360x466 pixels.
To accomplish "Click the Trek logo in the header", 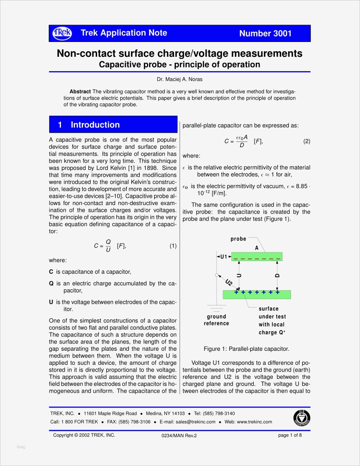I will (x=62, y=33).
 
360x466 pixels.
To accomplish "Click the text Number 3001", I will (x=265, y=33).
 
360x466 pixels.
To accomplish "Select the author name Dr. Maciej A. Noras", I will (x=180, y=79).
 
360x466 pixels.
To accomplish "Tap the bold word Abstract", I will (x=80, y=92).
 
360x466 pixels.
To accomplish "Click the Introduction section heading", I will (x=95, y=125).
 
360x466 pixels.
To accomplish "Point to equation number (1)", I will (x=173, y=246).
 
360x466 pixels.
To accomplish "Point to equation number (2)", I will (x=307, y=141).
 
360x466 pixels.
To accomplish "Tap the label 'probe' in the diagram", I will (x=238, y=239).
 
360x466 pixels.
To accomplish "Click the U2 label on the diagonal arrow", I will (x=229, y=283).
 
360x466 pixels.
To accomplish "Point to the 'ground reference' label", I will (x=216, y=320).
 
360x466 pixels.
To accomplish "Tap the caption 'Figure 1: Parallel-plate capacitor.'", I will (x=246, y=349).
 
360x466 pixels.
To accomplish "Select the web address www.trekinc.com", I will (x=248, y=422).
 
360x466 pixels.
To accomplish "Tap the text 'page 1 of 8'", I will (x=290, y=435).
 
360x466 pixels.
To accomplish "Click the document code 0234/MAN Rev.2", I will (x=179, y=435).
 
